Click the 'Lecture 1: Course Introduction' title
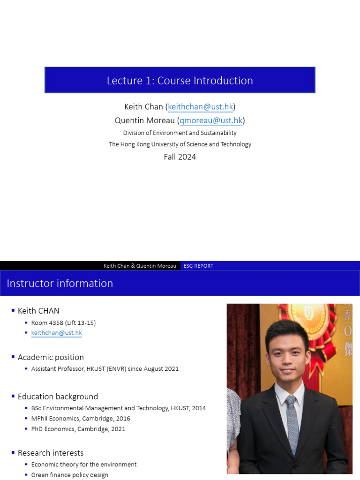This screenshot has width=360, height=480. (x=180, y=81)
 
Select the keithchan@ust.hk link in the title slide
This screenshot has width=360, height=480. (x=200, y=106)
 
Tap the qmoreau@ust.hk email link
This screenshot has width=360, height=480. (x=211, y=120)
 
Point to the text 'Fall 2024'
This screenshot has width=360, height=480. (x=180, y=157)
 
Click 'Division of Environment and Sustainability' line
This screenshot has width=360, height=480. (x=180, y=133)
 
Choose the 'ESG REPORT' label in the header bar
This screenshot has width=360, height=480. (x=198, y=266)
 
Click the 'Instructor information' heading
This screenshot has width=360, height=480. (x=60, y=284)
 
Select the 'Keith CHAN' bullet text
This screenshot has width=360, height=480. (x=38, y=311)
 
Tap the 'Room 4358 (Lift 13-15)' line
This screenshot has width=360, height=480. (x=63, y=323)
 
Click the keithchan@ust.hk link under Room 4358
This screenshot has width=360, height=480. (x=56, y=333)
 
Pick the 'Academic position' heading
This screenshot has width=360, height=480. (x=51, y=357)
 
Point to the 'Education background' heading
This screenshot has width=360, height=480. (x=58, y=397)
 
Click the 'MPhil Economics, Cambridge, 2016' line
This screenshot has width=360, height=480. (x=81, y=419)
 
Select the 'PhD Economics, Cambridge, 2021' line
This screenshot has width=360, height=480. (x=78, y=429)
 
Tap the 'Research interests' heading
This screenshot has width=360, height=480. (x=51, y=453)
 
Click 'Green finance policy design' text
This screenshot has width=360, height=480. (x=70, y=475)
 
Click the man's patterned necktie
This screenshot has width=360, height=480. (x=292, y=422)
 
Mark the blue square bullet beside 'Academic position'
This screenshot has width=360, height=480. (x=13, y=357)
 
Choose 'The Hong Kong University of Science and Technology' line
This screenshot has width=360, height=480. (x=180, y=144)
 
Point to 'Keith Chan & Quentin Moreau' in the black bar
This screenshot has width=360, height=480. (x=140, y=266)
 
